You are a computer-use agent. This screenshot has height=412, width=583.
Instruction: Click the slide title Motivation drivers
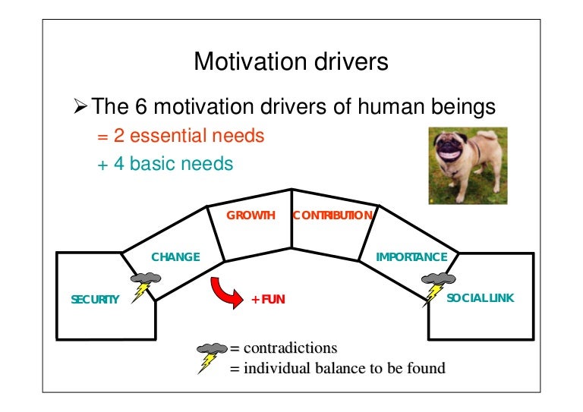point(291,61)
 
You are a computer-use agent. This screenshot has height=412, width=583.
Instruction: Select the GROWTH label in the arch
point(251,215)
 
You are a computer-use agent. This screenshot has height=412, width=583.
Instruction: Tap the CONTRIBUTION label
point(332,215)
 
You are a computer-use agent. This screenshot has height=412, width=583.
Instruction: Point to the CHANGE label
point(175,257)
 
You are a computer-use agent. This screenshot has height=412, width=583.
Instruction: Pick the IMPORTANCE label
point(411,257)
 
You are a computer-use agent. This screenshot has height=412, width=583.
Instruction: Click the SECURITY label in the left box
point(95,299)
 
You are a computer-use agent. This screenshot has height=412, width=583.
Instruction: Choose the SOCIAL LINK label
point(480,298)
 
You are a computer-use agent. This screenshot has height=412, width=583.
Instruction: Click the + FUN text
point(268,300)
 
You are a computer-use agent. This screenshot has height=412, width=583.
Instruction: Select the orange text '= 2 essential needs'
point(181,136)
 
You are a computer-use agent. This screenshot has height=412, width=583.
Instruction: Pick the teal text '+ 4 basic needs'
point(165,163)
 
